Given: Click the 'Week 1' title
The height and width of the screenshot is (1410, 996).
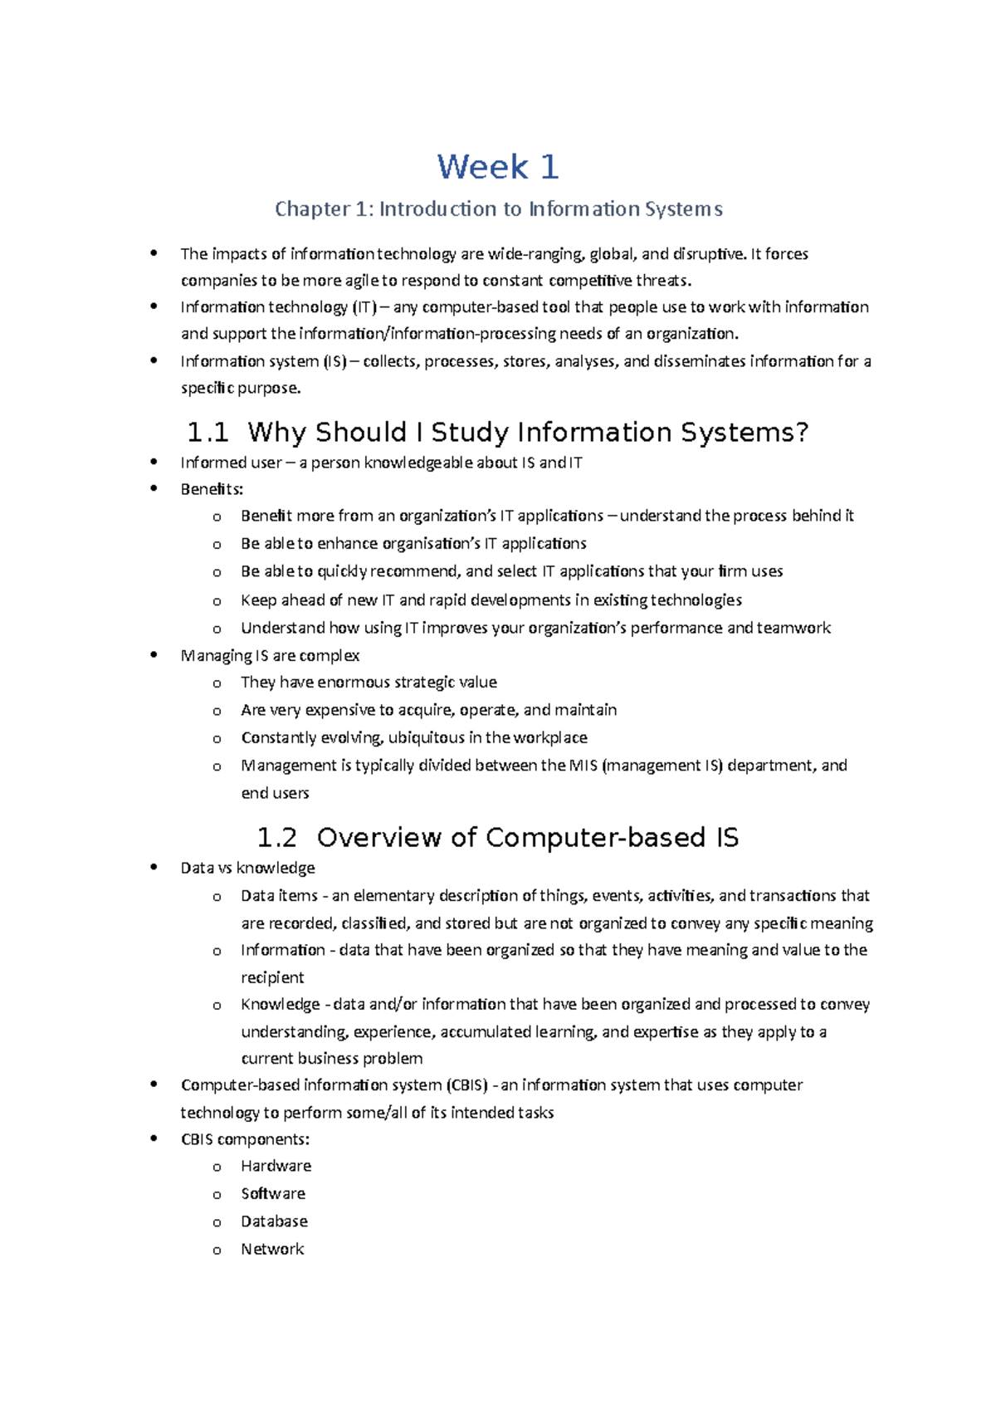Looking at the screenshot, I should [x=498, y=168].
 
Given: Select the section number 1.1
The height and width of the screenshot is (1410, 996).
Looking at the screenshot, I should [x=207, y=433].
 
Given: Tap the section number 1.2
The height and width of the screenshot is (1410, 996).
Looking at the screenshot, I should [x=276, y=838].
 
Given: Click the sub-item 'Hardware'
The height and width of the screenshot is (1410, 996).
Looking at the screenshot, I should [x=276, y=1166].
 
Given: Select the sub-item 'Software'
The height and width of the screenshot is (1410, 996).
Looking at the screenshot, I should [x=273, y=1193].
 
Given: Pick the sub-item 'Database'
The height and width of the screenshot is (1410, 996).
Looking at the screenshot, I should [x=274, y=1222].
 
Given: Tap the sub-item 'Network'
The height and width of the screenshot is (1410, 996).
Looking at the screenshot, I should [x=272, y=1249].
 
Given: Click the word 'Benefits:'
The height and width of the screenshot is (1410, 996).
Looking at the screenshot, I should [x=212, y=489].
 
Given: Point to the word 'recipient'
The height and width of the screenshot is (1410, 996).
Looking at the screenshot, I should [x=272, y=977].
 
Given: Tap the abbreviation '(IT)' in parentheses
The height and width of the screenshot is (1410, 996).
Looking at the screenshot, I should [x=364, y=307].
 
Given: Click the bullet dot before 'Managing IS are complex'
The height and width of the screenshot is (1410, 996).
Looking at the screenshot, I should [x=154, y=655].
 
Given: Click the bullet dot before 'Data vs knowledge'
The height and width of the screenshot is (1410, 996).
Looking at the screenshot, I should [x=154, y=868].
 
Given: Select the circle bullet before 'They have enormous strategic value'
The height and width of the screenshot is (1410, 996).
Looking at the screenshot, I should [x=217, y=683].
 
